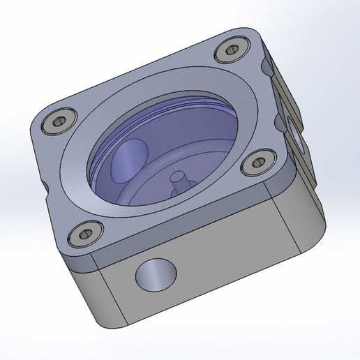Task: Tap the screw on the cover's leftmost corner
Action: click(57, 123)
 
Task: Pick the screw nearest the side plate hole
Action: click(257, 165)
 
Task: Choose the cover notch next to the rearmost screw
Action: click(265, 67)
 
